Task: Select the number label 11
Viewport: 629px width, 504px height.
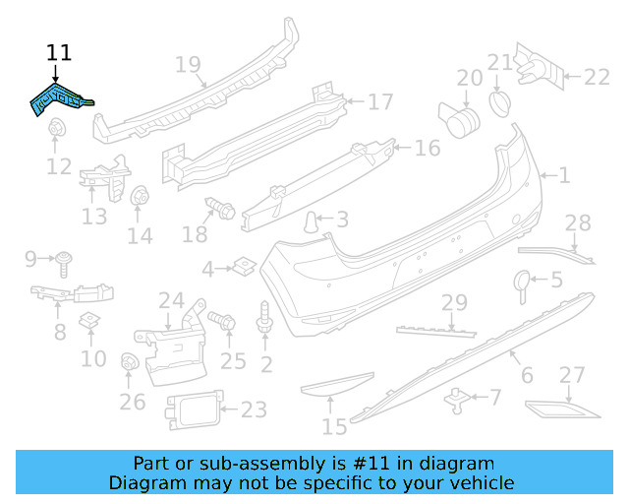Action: coord(59,52)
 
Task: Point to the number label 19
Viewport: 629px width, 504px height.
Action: coord(188,65)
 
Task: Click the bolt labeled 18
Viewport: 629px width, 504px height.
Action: coord(217,208)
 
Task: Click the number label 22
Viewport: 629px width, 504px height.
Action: coord(598,76)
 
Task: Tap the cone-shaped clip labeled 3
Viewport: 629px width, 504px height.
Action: coord(312,220)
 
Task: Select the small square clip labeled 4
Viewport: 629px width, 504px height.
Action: coord(242,266)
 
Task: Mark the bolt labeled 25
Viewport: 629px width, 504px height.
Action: coord(222,321)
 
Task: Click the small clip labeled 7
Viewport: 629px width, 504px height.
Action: coord(456,398)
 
